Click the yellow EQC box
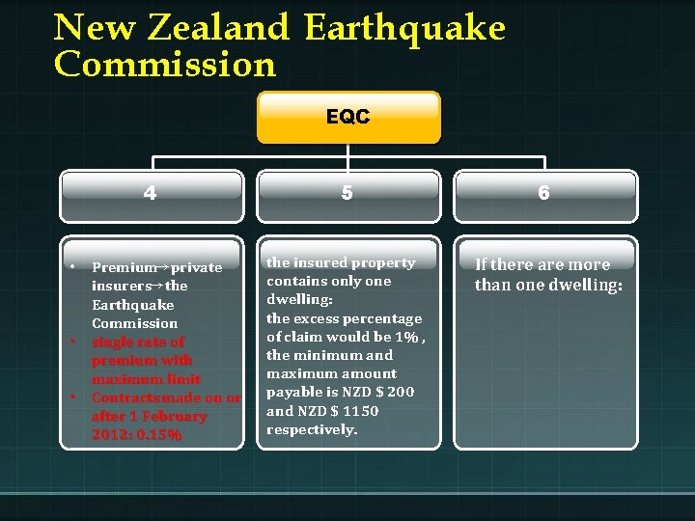click(x=347, y=117)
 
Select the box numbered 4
click(x=151, y=193)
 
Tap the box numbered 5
click(x=347, y=193)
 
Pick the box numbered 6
click(x=544, y=193)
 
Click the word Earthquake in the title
click(x=404, y=28)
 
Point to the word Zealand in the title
click(x=218, y=28)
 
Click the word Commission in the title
click(x=165, y=66)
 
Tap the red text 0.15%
click(x=160, y=435)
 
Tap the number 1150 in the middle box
click(x=361, y=411)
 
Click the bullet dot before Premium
click(x=72, y=266)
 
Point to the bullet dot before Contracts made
click(x=72, y=397)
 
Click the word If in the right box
click(x=482, y=265)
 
